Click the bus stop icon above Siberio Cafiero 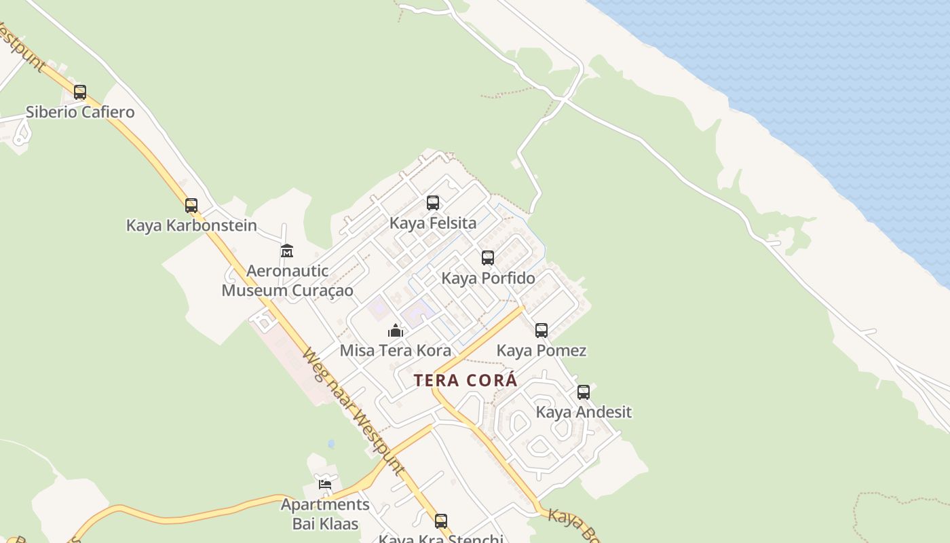(80, 92)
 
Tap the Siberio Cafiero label (80, 112)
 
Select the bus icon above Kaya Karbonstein (191, 205)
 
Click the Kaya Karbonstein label (191, 225)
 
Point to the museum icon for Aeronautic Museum (287, 250)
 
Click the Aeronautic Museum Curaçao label (287, 280)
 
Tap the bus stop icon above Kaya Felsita (433, 202)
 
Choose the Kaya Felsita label (433, 223)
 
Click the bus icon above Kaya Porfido (488, 258)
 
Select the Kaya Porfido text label (488, 278)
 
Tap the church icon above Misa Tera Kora (396, 331)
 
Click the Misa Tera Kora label (396, 351)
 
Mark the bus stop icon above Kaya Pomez (541, 331)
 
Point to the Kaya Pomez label (541, 351)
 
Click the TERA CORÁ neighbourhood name (465, 381)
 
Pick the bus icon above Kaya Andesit (584, 392)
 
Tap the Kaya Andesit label (584, 412)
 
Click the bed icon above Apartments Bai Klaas (325, 484)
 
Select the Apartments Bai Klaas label (325, 514)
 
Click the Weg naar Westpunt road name (353, 411)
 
